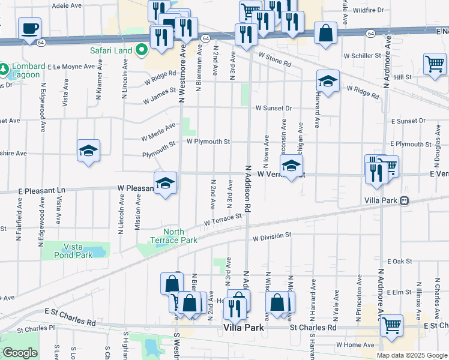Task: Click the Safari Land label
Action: pyautogui.click(x=110, y=50)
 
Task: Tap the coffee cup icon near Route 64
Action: pyautogui.click(x=29, y=28)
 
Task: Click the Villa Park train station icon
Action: pyautogui.click(x=405, y=200)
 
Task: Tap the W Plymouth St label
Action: pyautogui.click(x=208, y=142)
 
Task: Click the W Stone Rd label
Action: pyautogui.click(x=275, y=59)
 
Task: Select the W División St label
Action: pyautogui.click(x=272, y=236)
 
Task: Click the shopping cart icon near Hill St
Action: pyautogui.click(x=435, y=63)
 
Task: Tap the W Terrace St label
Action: pyautogui.click(x=222, y=221)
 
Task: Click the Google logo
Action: pyautogui.click(x=20, y=353)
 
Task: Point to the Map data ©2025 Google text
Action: pyautogui.click(x=411, y=355)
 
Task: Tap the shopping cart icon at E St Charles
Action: pyautogui.click(x=391, y=325)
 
